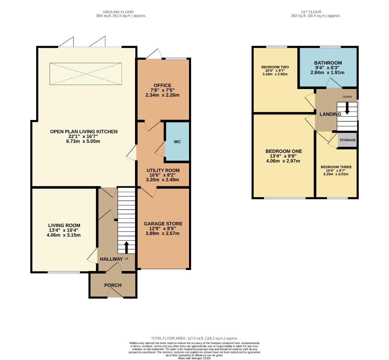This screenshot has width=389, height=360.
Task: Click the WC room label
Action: coord(177,142)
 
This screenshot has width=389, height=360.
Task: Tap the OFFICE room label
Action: coord(162,85)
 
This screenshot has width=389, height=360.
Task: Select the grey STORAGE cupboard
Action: coord(347,140)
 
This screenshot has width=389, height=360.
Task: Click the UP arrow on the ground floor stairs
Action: coord(126,247)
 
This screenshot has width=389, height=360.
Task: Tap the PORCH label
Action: coord(113,285)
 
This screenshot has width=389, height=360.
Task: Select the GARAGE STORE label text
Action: coord(163,224)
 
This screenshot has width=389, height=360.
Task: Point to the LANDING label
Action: coord(330,114)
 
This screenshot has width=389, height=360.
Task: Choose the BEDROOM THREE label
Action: coord(336,167)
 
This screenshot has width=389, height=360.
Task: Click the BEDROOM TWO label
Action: coord(275,67)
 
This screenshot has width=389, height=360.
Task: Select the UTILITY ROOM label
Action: coord(163,170)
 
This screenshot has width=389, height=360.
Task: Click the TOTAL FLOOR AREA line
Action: coord(194,338)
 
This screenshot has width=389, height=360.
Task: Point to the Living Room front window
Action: coord(64,272)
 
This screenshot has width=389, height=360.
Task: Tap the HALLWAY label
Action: coord(111,259)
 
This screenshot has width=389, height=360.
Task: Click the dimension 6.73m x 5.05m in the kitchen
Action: coord(84,141)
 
